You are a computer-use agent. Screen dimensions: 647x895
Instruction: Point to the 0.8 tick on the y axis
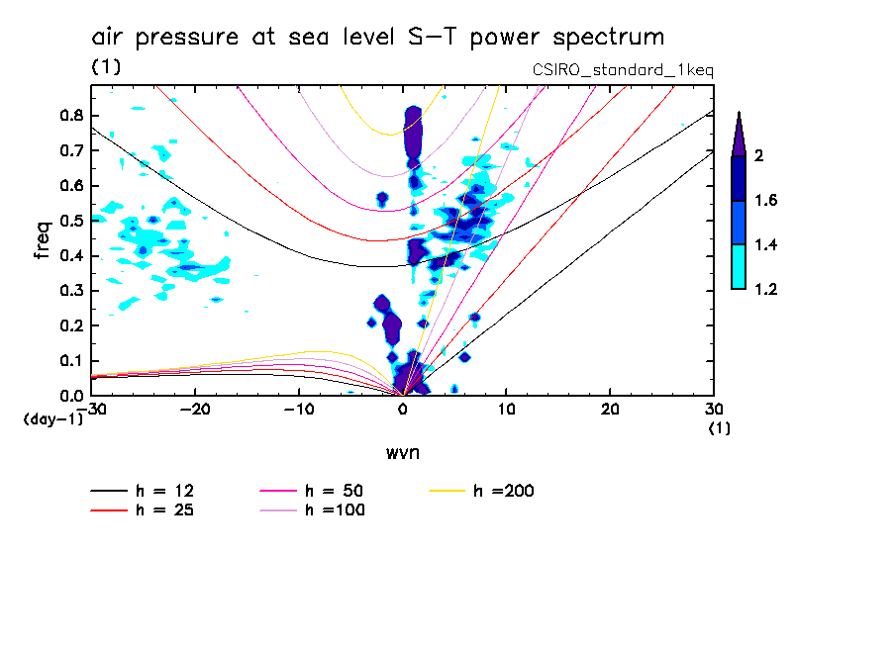70,115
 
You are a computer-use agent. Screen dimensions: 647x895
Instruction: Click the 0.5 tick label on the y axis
70,221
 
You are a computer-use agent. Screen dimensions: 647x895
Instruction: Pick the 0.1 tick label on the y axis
70,361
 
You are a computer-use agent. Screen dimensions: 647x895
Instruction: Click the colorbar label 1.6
765,201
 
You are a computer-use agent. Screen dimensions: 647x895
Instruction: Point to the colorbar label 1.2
765,290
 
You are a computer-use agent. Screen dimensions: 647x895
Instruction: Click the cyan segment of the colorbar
738,268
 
